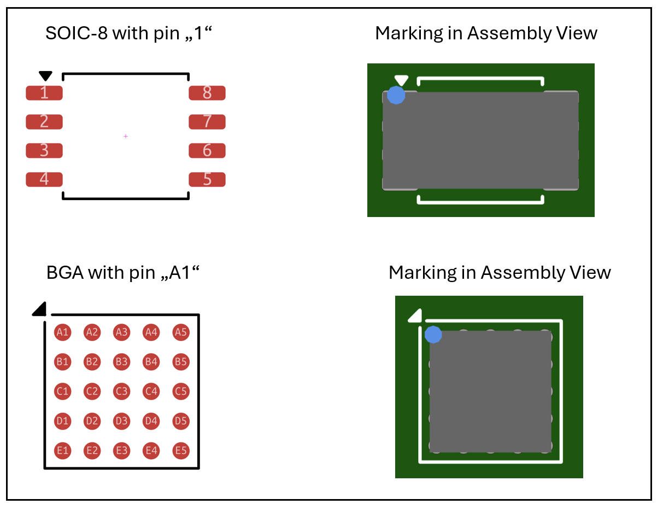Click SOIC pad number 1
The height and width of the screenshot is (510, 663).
click(x=44, y=93)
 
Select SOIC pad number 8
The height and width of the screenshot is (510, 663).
click(x=207, y=93)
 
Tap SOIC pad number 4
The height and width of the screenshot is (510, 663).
click(x=44, y=179)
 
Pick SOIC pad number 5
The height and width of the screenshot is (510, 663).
click(x=207, y=179)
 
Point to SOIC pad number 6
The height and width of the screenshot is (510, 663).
click(x=207, y=151)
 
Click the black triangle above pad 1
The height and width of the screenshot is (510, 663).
click(x=45, y=75)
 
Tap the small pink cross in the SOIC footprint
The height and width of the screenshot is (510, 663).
click(x=126, y=136)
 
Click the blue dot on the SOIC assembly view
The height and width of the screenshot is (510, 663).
click(x=396, y=95)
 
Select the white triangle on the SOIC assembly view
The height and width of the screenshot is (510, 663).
click(x=401, y=80)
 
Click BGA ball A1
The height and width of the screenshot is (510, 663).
click(x=62, y=332)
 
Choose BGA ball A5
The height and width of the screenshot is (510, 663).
click(x=181, y=332)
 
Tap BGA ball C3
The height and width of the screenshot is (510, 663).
click(x=122, y=391)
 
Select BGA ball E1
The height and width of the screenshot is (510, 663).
click(x=62, y=450)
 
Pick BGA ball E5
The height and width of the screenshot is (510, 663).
click(x=181, y=450)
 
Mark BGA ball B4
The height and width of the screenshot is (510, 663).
click(x=151, y=362)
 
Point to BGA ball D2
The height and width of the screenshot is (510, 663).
click(x=92, y=421)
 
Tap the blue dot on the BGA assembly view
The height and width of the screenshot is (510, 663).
click(x=433, y=335)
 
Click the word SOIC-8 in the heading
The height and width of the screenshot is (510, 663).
click(x=77, y=33)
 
